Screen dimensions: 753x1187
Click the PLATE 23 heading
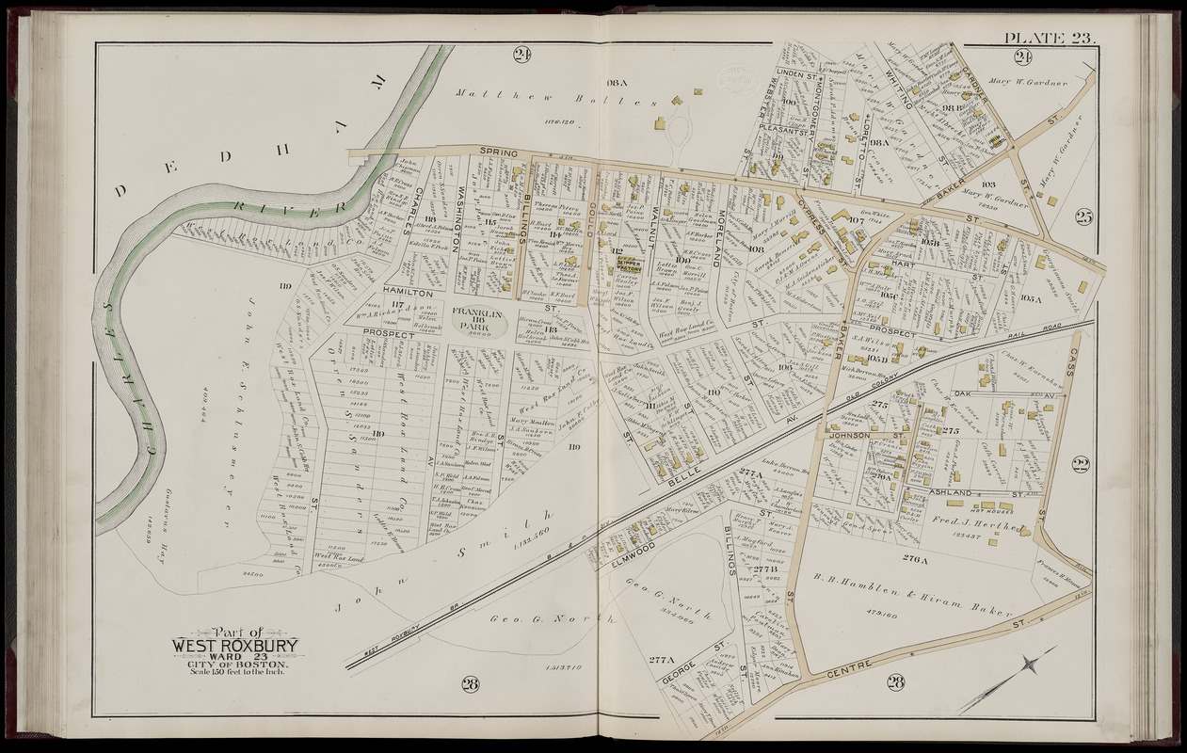[1046, 38]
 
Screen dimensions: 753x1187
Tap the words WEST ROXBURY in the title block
[234, 646]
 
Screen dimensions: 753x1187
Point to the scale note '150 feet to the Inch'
[234, 671]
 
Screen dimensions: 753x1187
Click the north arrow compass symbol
[1031, 665]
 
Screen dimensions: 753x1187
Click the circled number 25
[1083, 218]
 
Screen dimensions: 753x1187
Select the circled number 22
[1080, 462]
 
